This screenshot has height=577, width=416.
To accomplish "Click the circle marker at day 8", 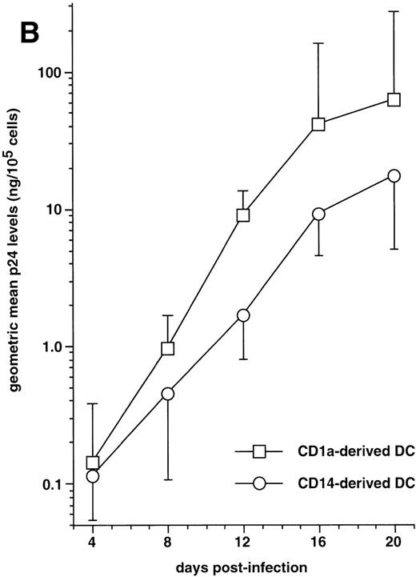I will (168, 394).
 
